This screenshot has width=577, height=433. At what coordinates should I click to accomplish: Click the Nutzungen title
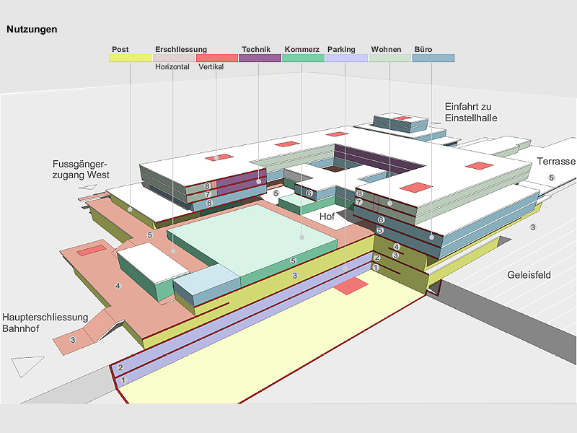pos(32,30)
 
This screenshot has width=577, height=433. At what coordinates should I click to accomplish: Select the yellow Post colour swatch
pos(131,58)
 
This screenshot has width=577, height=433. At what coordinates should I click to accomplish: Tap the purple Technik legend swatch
pos(260,58)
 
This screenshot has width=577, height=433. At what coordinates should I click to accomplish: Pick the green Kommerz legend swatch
pos(303,58)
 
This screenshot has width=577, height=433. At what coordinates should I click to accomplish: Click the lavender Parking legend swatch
pos(346,58)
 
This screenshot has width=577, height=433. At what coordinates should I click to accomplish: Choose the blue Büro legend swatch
pos(433,58)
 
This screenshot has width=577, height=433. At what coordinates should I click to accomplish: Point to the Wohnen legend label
pos(386,49)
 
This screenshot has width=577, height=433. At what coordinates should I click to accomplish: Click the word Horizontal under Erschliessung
pos(172,66)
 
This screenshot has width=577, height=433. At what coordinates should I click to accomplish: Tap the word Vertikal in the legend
pos(211,66)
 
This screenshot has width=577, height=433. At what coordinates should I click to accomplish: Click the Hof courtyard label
pos(327,216)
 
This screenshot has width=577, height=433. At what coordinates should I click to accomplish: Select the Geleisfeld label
pos(529,275)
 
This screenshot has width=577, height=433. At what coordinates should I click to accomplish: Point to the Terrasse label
pos(556,161)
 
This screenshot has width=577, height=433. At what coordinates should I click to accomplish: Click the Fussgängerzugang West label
pos(81,170)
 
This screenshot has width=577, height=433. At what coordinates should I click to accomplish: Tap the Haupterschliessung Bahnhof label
pos(45,323)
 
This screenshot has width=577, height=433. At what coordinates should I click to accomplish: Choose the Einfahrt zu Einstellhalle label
pos(471,113)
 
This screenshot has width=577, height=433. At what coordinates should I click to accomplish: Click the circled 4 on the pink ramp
pos(118,286)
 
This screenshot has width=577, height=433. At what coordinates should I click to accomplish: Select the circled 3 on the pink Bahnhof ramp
pos(73,340)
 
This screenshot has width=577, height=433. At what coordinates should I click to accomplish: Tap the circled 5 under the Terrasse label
pos(552,178)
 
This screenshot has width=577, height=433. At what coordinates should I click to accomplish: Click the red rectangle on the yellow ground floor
pos(351,286)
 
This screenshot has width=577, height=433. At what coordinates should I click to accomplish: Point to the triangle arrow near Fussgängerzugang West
pos(88,187)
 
